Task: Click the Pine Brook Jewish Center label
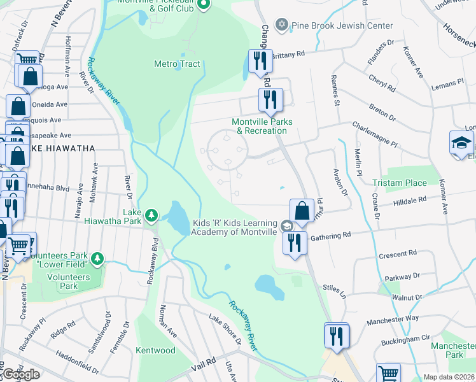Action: click(342, 25)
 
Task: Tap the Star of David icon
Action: click(282, 25)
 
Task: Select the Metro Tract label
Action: click(177, 64)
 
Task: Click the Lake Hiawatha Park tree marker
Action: click(151, 215)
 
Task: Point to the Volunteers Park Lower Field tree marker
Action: click(97, 258)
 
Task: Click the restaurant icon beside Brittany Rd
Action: click(260, 62)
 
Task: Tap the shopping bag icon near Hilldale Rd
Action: click(300, 211)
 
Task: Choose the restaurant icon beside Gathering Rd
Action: click(294, 243)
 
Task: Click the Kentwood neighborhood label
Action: click(155, 350)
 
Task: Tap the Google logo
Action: click(21, 374)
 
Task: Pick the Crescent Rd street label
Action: click(398, 255)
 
